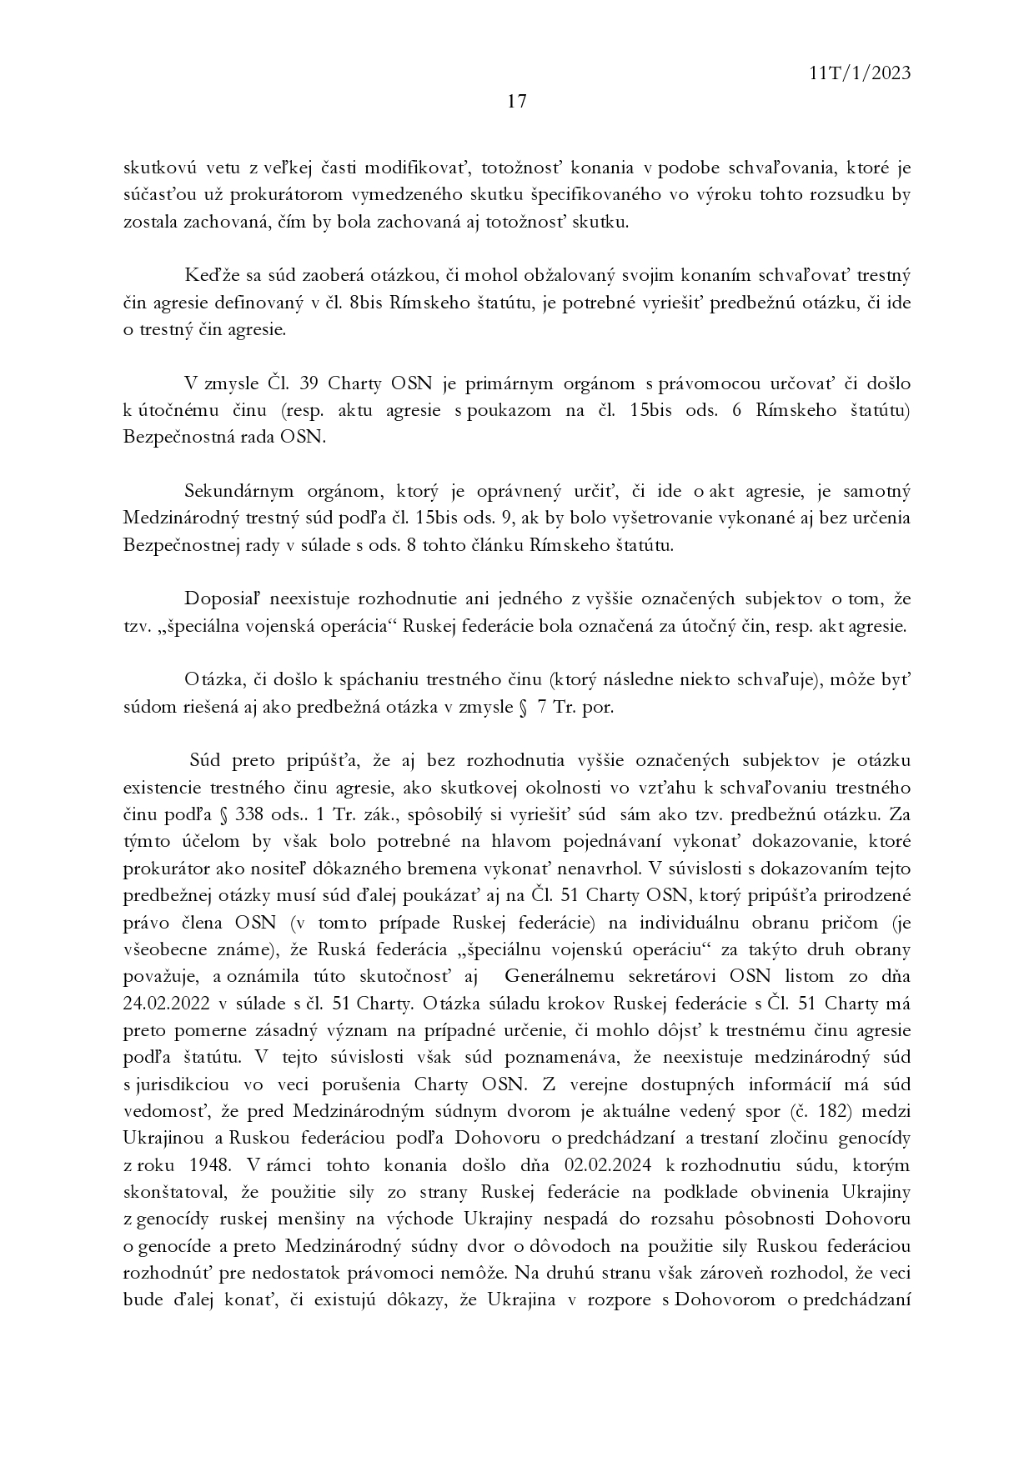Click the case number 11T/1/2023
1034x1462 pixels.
860,73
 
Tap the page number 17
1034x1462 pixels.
516,102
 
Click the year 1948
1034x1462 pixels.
208,1164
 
